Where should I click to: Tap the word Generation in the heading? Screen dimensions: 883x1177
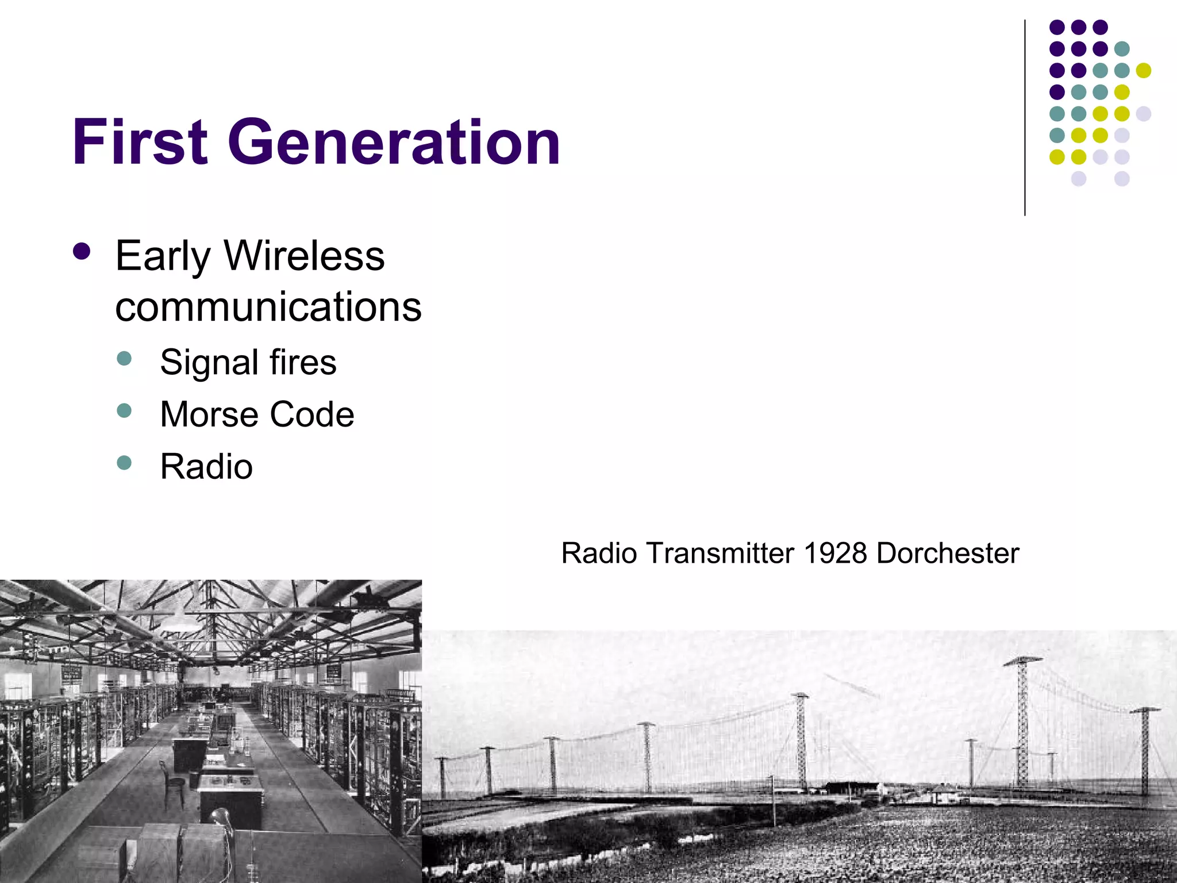click(x=394, y=142)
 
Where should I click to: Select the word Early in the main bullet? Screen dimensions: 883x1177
click(x=163, y=256)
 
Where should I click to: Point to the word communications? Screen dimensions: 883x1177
click(x=268, y=306)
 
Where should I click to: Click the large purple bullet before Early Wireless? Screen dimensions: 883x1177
click(x=82, y=252)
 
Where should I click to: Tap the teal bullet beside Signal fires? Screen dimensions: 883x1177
click(x=124, y=359)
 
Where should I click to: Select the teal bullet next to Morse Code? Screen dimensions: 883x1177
click(x=124, y=410)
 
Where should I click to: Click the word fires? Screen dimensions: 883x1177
click(x=303, y=362)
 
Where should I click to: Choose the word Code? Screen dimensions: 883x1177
click(x=311, y=414)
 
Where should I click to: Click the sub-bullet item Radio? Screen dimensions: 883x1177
click(x=206, y=466)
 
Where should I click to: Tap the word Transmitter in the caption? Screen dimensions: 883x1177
click(x=720, y=553)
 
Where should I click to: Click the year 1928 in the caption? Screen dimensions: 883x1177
click(x=835, y=553)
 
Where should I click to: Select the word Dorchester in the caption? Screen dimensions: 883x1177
click(x=948, y=553)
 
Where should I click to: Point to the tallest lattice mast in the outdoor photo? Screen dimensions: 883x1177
click(x=1023, y=724)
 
